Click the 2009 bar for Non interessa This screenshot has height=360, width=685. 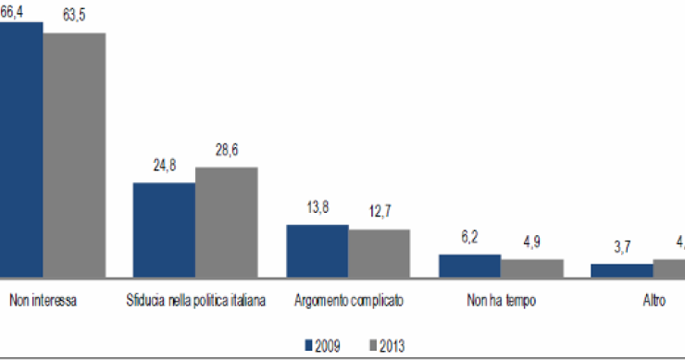click(x=20, y=148)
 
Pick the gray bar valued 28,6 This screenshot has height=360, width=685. click(x=226, y=221)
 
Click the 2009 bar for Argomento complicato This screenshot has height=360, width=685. click(x=317, y=250)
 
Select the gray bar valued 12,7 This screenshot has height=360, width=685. click(x=379, y=253)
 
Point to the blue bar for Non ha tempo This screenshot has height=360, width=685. click(x=469, y=266)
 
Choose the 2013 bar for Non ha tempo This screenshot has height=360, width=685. click(x=531, y=267)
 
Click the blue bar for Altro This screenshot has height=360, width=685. click(x=621, y=270)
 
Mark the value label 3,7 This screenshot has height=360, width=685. click(x=622, y=248)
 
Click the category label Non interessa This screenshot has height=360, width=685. click(x=43, y=302)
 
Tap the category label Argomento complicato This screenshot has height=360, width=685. click(x=348, y=302)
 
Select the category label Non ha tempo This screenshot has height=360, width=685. click(x=501, y=302)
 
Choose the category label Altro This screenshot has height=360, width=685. click(x=653, y=302)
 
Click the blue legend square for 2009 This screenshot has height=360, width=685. click(x=311, y=345)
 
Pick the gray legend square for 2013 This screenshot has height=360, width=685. click(x=372, y=345)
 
